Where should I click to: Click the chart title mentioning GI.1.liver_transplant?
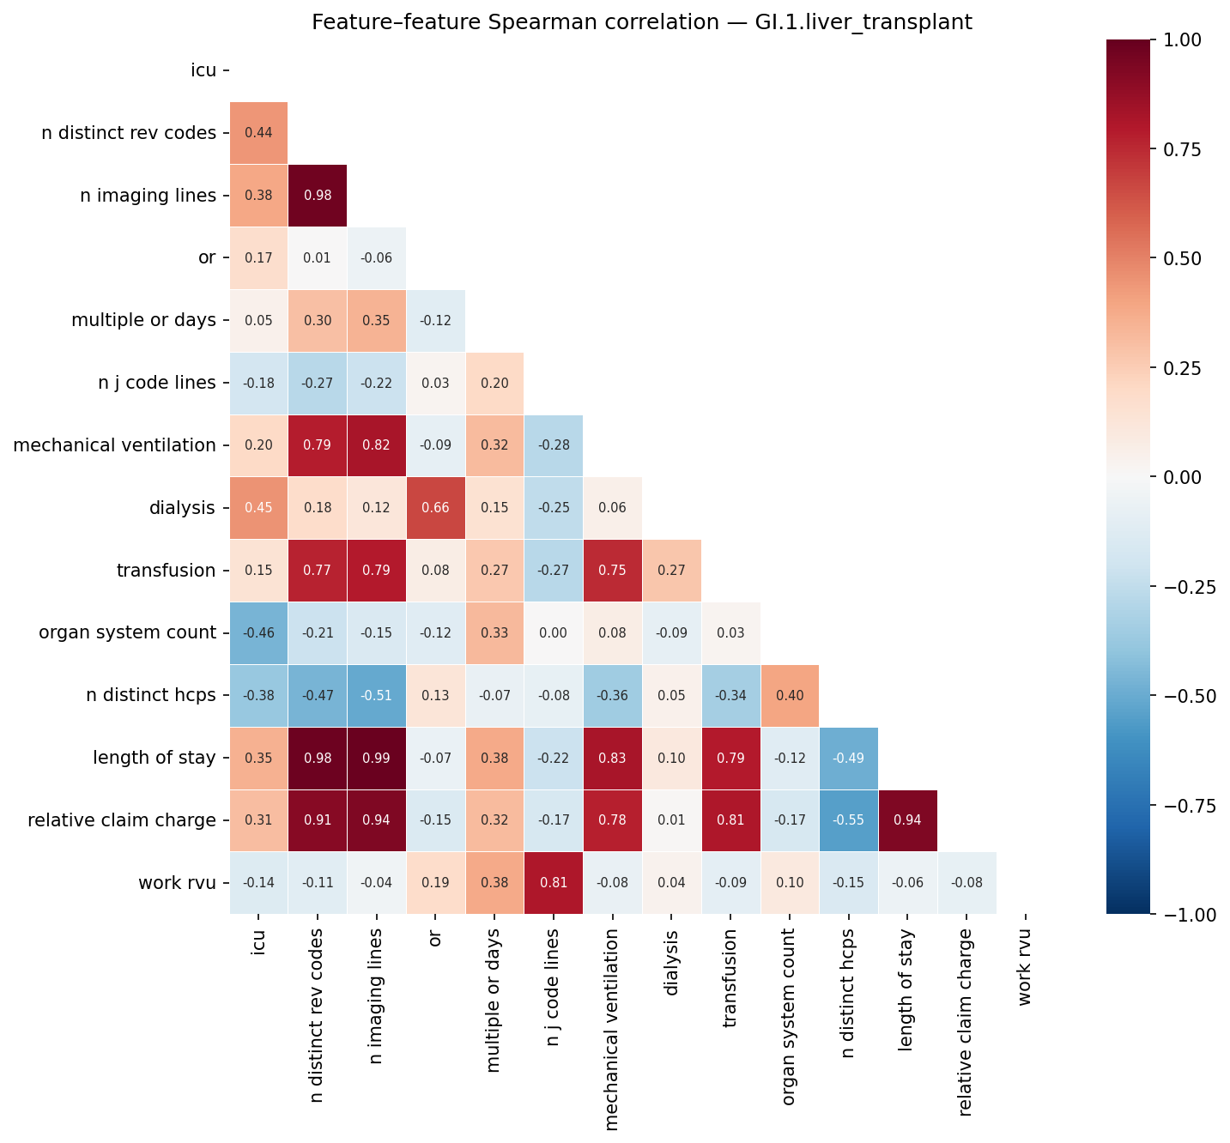tap(641, 22)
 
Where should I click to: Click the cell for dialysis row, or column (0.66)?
tap(435, 508)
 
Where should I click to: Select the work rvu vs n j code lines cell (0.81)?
tap(554, 883)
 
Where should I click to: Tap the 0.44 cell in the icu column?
tap(258, 133)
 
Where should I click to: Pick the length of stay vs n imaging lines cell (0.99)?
tap(376, 758)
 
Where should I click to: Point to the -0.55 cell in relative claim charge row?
tap(848, 820)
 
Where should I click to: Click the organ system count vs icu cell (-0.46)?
tap(258, 633)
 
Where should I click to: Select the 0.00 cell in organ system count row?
tap(554, 633)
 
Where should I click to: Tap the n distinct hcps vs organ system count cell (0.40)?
tap(789, 696)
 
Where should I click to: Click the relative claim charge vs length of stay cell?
tap(907, 820)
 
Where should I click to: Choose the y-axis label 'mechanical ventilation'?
tap(114, 445)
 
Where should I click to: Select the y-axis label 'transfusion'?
tap(166, 571)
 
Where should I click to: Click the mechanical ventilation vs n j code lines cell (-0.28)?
tap(554, 445)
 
